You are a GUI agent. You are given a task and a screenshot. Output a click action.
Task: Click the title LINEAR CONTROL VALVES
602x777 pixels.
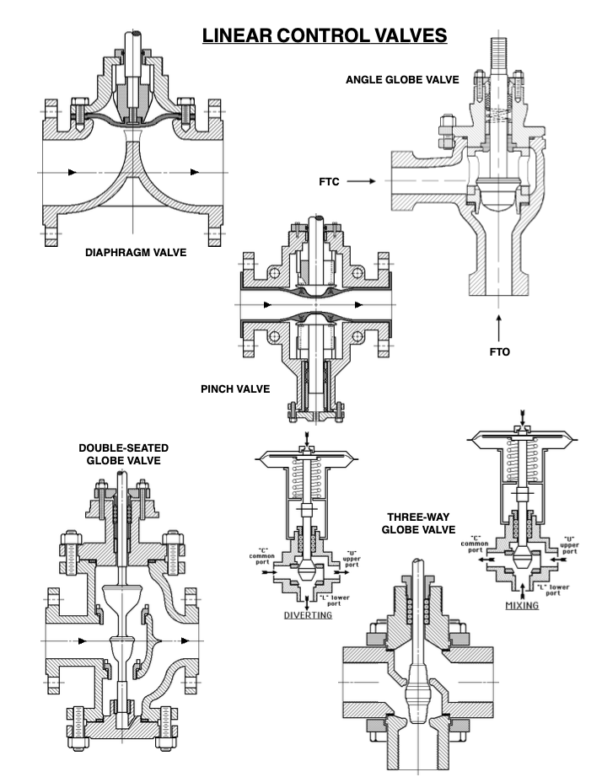click(324, 36)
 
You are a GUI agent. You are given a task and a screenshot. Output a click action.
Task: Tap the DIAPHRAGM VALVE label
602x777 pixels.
click(136, 252)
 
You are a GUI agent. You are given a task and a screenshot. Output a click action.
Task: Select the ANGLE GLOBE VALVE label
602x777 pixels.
click(402, 80)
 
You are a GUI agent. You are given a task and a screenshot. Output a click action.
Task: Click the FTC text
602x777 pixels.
click(329, 181)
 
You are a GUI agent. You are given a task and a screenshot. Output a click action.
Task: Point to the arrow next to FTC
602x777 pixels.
click(360, 181)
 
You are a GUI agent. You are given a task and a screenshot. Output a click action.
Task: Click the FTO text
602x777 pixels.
click(500, 351)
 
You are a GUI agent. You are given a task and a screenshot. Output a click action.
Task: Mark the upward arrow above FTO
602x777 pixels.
click(500, 324)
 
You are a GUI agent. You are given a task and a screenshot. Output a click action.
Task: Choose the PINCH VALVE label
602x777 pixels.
click(234, 388)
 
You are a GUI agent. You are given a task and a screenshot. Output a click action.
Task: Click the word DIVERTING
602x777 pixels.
click(308, 615)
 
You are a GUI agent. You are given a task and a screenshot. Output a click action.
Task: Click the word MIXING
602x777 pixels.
click(522, 606)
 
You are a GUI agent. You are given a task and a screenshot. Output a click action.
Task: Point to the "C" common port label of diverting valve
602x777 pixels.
click(260, 558)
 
